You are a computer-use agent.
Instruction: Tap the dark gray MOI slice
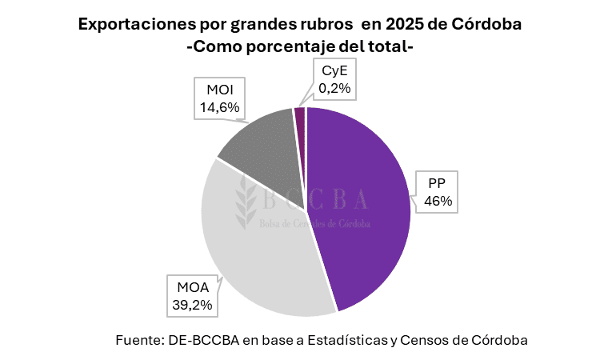pos(260,144)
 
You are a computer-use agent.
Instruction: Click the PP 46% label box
pos(438,193)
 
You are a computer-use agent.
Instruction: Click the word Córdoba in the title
pos(487,24)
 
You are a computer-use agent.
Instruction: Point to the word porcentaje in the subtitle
pos(295,47)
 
